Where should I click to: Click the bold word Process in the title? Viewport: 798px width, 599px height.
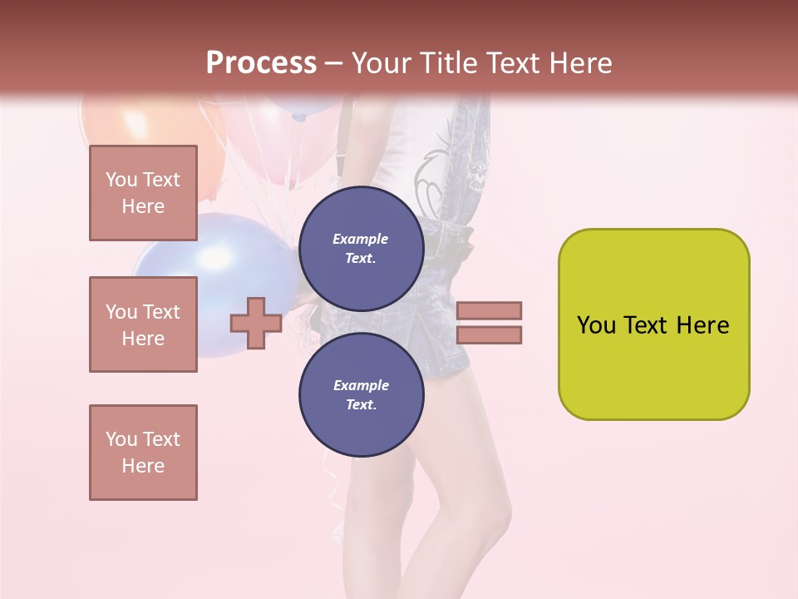(261, 63)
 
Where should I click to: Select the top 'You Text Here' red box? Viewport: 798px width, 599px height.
(143, 193)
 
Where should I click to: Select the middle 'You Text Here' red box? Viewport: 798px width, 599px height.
(143, 324)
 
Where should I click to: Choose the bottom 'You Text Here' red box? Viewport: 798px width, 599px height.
(143, 453)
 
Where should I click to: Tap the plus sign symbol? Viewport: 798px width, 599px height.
(256, 323)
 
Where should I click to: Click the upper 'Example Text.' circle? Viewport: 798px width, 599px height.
(361, 248)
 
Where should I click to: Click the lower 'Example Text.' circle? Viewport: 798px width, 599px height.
(361, 394)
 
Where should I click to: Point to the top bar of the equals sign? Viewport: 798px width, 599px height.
(489, 311)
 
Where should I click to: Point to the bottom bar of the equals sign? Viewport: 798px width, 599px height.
(489, 335)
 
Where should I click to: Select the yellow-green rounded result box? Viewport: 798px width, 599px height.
(653, 366)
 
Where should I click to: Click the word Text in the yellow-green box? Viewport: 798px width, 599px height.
(653, 325)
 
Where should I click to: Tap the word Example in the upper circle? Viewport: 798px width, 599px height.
(361, 239)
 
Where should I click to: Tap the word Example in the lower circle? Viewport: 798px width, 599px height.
(361, 385)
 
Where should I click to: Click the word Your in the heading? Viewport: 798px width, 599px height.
(379, 63)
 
